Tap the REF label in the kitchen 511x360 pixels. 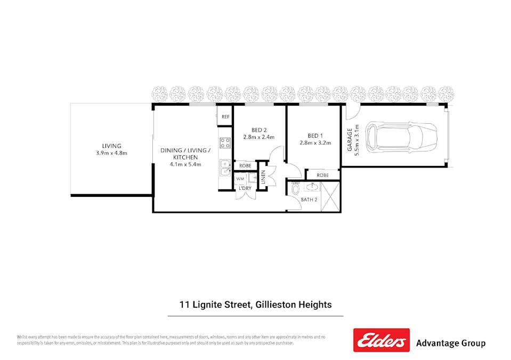[225, 117]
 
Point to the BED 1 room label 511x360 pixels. [315, 135]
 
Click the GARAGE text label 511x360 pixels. [350, 140]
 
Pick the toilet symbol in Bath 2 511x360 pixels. [296, 189]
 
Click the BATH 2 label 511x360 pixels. [309, 200]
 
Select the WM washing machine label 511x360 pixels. [240, 179]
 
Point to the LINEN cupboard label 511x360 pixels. [263, 178]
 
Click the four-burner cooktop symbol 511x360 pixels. [225, 142]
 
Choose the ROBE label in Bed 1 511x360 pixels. [322, 175]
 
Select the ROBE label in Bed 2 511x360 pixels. [245, 166]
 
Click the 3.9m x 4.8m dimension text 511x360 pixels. [112, 153]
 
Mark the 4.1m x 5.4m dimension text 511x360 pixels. [185, 164]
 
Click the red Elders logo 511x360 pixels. [381, 340]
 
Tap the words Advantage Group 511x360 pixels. [450, 343]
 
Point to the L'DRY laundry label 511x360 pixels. [245, 188]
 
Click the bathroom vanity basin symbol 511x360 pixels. [312, 187]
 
